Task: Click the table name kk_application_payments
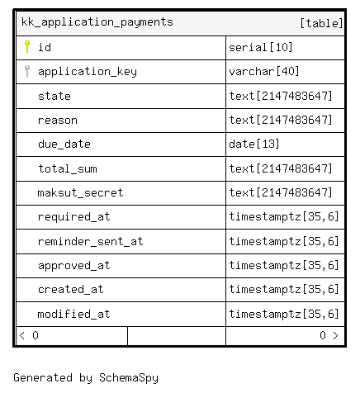pos(97,22)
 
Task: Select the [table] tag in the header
pos(321,23)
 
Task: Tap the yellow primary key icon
pos(27,46)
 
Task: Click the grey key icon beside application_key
pos(27,71)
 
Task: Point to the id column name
pos(45,47)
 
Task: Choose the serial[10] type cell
pos(261,47)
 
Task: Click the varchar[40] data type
pos(264,72)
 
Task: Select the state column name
pos(54,96)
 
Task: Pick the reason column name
pos(58,121)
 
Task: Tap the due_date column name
pos(64,144)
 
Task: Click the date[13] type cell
pos(254,144)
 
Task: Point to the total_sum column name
pos(68,168)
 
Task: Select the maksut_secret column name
pos(80,192)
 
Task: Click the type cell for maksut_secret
pos(281,192)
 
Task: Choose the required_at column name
pos(74,217)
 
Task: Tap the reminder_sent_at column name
pos(91,241)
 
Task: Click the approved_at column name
pos(74,266)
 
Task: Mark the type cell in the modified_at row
pos(284,314)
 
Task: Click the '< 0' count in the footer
pos(29,335)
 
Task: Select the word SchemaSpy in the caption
pos(129,378)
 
